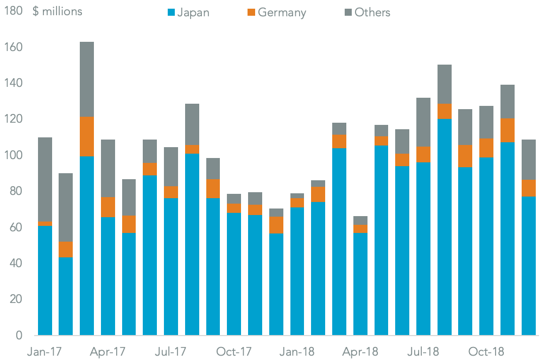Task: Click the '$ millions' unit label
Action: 58,11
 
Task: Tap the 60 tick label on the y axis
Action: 14,228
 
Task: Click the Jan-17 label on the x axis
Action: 45,352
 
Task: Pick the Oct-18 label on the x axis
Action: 486,352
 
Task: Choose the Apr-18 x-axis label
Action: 360,352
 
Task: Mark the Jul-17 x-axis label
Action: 171,352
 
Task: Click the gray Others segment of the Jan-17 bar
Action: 45,179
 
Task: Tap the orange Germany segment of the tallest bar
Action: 87,136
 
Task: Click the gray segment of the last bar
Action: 528,160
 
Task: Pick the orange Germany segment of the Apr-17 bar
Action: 108,207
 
